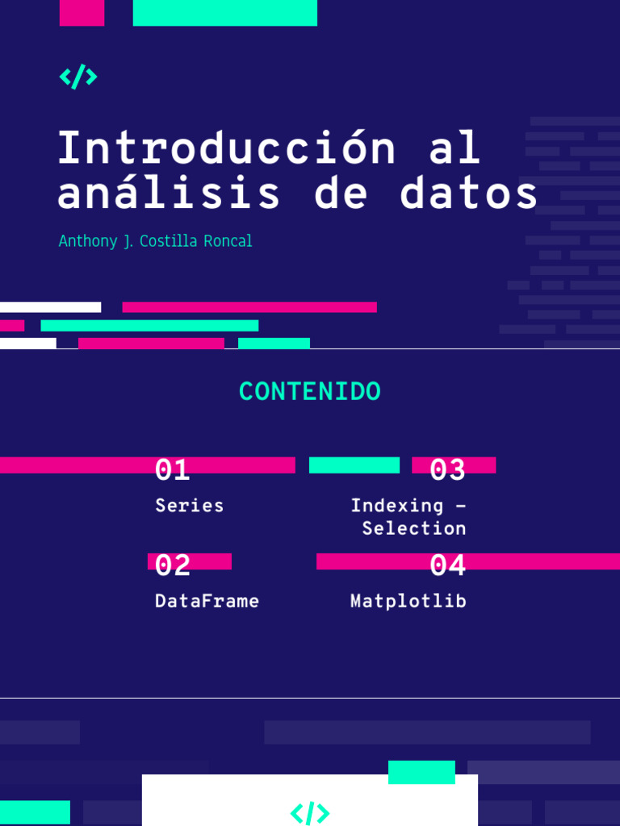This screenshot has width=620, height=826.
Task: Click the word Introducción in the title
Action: point(227,148)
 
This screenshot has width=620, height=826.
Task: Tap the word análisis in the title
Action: point(170,194)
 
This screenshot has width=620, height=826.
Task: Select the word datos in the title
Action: point(468,194)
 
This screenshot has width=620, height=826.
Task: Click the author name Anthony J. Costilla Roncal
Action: point(155,241)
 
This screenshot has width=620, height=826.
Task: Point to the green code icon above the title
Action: point(78,77)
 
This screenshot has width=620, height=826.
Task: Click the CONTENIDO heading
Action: point(310,392)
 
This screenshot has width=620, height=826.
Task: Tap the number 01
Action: point(172,469)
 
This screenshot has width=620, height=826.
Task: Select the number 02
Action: point(172,565)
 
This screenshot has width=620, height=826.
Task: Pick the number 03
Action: point(447,469)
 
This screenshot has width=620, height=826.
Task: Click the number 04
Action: point(447,565)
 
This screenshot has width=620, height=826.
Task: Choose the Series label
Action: point(189,506)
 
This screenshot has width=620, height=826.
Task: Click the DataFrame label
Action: point(207,601)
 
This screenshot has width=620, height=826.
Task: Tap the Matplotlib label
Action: point(408,601)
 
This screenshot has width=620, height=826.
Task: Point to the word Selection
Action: point(413,528)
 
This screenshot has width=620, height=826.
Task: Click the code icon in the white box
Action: point(310,812)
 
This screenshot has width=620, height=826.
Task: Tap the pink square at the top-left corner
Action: point(82,13)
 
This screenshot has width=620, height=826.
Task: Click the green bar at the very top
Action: point(224,13)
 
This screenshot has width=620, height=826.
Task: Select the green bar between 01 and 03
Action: point(354,465)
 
